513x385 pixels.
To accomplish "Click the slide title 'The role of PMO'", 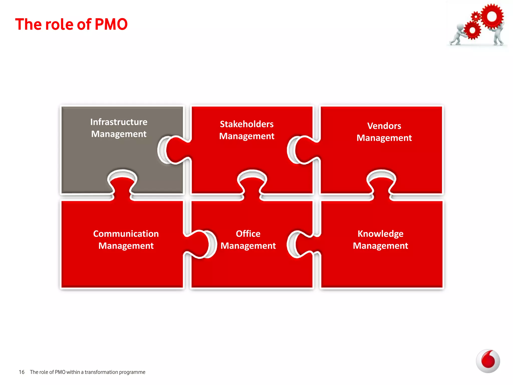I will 71,24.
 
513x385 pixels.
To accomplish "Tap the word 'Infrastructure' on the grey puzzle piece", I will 119,122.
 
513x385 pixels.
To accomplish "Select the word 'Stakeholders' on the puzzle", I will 247,124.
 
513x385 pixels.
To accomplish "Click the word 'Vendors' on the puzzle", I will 384,126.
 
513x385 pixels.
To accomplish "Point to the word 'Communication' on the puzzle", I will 126,234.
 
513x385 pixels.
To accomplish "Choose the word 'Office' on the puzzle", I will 248,234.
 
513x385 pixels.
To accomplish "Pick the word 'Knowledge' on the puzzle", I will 380,234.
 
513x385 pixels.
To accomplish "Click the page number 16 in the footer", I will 22,372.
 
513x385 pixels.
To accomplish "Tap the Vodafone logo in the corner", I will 488,361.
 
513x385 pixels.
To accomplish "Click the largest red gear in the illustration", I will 492,17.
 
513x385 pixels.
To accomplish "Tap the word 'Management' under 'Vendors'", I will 384,138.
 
